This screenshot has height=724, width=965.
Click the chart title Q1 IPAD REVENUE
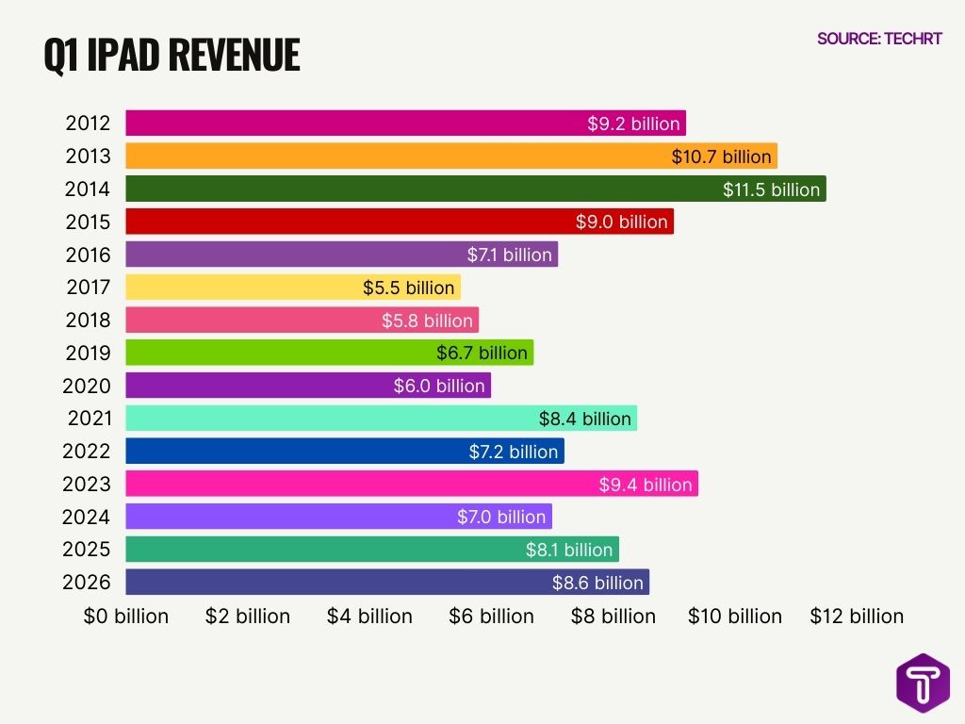[172, 56]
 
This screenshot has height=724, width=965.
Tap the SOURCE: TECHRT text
[879, 39]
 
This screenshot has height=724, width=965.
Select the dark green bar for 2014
[424, 189]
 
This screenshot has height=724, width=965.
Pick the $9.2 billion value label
[633, 123]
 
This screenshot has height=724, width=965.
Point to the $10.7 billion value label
[721, 156]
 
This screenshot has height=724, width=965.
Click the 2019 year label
[88, 353]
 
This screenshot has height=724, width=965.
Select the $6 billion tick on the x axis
[491, 617]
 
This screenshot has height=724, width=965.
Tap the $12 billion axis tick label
[857, 617]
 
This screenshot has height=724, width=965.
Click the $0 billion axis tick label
[126, 617]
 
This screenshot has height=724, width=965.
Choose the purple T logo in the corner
[923, 682]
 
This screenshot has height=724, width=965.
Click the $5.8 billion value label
[427, 321]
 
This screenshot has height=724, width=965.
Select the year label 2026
[87, 582]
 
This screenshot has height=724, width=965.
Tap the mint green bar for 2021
[330, 419]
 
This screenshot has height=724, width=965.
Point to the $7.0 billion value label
[501, 517]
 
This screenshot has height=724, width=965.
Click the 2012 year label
[88, 123]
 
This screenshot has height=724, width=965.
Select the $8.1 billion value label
[569, 550]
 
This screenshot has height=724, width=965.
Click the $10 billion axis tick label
[735, 617]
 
